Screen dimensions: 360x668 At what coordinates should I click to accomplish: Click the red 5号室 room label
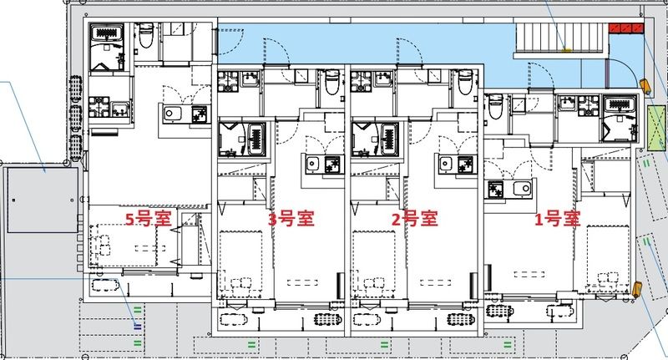coord(148,221)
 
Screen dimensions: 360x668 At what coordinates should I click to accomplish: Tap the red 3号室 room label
coord(291,220)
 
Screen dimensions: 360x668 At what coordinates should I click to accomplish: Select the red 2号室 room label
coord(414,220)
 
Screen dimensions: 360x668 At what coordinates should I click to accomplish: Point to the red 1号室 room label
coord(557,220)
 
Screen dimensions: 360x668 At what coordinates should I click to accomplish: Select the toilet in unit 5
coord(145,36)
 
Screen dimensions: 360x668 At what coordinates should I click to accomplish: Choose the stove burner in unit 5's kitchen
coord(200,115)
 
